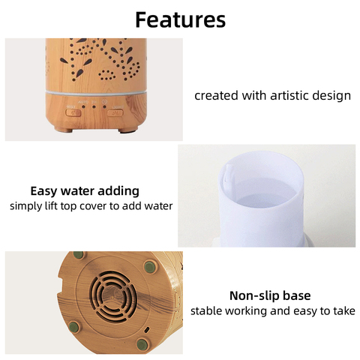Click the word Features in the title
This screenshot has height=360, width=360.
point(180,19)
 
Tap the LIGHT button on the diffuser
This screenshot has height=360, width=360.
point(115,113)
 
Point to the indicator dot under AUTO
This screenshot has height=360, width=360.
point(83,106)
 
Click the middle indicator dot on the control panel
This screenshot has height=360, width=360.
point(94,106)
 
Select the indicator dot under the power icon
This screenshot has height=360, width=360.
point(104,106)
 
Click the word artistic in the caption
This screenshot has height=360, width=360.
point(286,96)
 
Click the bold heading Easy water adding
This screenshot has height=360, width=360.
point(85,191)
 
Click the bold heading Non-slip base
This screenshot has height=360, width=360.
point(270,295)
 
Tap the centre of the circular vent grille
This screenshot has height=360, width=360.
point(113,296)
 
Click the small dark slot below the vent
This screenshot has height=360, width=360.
point(147,329)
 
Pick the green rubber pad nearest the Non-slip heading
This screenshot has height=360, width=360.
point(151,267)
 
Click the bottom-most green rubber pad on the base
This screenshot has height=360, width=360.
point(142,344)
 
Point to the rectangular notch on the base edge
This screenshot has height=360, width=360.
point(59,285)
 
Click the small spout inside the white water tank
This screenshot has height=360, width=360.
point(228,174)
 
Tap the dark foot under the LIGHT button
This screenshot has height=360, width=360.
point(128,130)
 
